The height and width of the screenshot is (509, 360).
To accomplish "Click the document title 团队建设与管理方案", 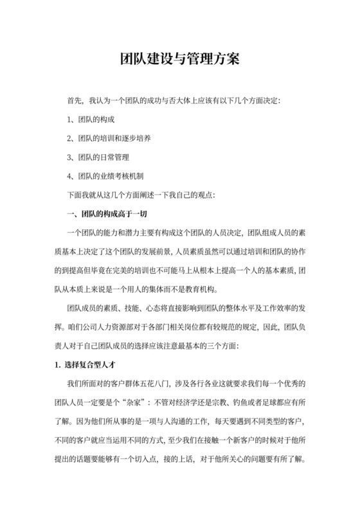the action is click(180, 59).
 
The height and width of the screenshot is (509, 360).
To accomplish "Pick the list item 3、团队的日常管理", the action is click(98, 157).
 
